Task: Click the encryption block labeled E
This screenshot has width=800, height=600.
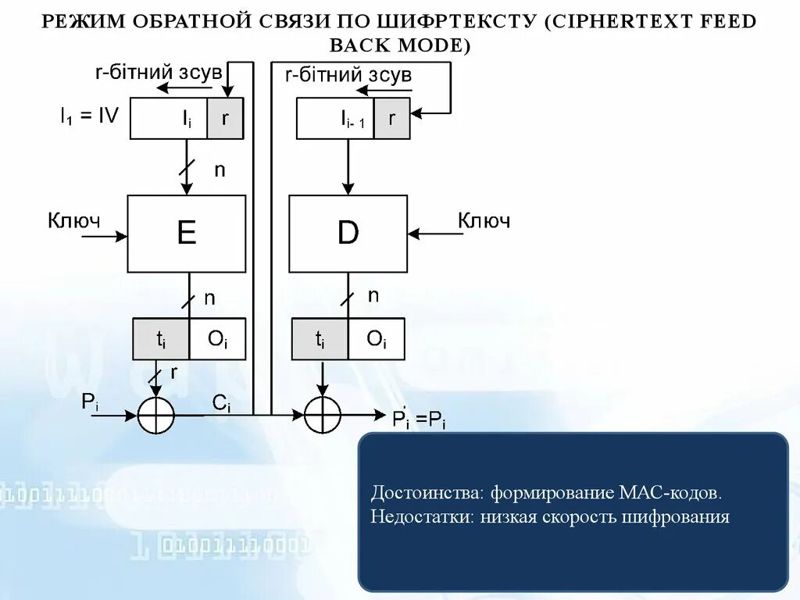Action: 187,233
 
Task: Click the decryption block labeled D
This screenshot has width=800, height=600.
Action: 348,233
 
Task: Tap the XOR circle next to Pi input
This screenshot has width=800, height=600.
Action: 155,415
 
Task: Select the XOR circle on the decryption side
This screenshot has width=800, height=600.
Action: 322,415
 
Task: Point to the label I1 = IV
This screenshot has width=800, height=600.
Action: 90,116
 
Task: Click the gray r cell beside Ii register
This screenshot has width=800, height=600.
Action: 226,119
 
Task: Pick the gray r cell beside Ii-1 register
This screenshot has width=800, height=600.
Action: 391,119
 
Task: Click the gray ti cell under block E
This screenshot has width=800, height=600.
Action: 161,339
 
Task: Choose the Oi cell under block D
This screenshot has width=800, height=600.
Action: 376,339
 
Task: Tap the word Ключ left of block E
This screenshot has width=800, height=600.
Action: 74,221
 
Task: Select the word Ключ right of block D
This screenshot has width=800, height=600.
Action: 484,221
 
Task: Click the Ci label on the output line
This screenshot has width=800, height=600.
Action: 222,404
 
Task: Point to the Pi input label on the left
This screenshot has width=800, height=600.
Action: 90,403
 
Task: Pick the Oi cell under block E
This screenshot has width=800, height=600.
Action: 216,339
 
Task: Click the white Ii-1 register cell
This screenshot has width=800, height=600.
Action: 336,119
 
